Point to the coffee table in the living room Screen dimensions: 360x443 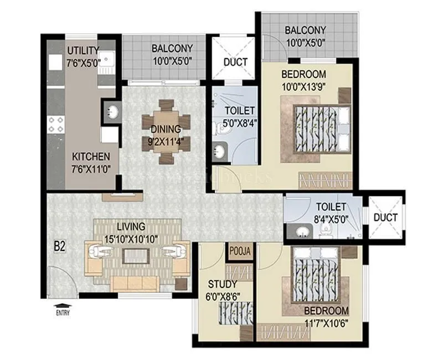point(135,256)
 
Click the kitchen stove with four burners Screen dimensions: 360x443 point(55,125)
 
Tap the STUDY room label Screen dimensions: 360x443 point(221,285)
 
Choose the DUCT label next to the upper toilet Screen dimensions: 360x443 point(235,62)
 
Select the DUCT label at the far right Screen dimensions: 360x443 point(385,218)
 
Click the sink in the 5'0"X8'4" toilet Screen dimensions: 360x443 point(219,151)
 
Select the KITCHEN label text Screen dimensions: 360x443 point(91,157)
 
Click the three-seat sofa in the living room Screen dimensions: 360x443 point(135,284)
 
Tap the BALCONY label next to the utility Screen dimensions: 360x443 point(172,49)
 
